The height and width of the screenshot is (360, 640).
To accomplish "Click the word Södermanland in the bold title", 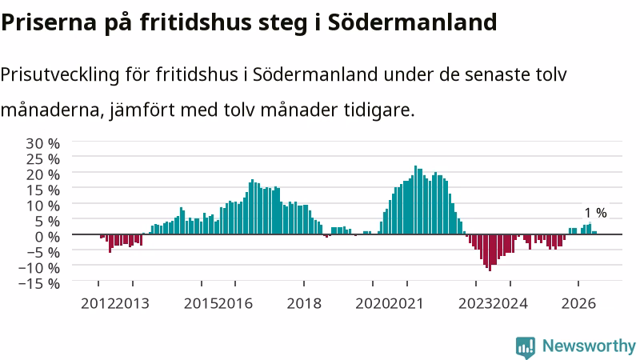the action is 412,22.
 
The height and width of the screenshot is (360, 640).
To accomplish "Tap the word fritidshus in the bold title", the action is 195,22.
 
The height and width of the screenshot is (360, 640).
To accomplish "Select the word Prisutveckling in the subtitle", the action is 60,74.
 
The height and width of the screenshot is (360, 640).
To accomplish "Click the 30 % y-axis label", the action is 43,143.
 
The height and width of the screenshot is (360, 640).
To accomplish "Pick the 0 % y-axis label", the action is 47,236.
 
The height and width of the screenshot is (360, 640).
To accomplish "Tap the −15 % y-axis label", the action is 39,283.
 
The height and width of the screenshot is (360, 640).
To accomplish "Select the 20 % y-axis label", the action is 43,174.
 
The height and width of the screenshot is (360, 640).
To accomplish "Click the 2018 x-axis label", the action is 304,303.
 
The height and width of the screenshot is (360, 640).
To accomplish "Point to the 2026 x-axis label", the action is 578,303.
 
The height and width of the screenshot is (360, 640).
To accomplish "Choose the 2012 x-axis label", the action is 98,303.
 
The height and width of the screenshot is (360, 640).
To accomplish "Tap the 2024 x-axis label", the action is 510,303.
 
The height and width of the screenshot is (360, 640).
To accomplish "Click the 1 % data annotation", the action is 595,213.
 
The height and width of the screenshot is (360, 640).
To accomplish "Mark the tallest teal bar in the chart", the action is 415,200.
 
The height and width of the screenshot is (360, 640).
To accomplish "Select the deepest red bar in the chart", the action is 490,253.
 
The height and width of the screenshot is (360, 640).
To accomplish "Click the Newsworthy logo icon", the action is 526,347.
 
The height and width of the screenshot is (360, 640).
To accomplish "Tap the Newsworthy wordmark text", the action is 589,346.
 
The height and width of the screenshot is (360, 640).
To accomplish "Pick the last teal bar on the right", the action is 595,233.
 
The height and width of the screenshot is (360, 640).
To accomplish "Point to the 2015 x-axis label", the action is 202,303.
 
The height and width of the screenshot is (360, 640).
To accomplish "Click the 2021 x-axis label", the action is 407,303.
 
